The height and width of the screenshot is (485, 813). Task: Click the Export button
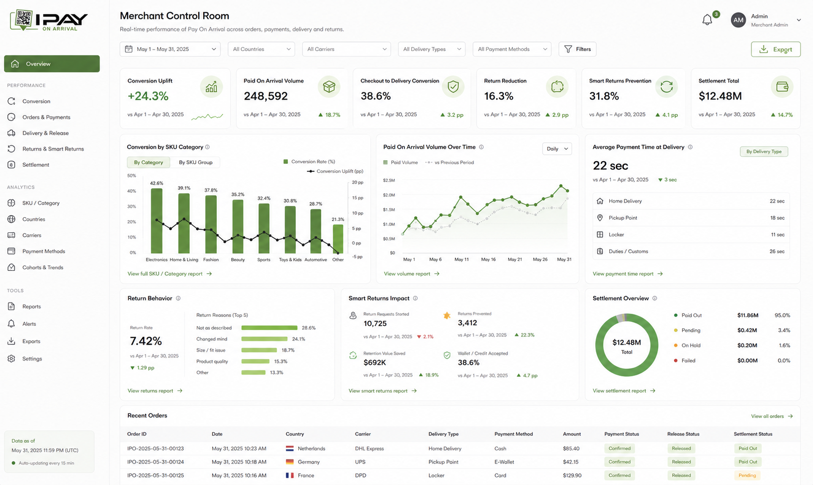775,50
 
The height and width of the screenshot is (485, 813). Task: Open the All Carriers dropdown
346,49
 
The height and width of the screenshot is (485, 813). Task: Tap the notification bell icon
707,20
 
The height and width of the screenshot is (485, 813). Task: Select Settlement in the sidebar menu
36,165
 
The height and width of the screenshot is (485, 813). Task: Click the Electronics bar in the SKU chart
156,221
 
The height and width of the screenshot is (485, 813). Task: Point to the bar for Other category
338,239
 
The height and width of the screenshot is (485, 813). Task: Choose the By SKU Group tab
196,162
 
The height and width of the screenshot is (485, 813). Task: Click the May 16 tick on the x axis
488,259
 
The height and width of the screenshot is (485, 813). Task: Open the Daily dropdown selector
557,149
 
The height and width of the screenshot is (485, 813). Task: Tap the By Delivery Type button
764,152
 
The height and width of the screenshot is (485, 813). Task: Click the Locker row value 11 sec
777,235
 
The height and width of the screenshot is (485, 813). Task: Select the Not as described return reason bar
269,328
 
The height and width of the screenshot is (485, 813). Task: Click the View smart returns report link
382,391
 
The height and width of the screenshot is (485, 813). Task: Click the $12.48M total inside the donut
626,342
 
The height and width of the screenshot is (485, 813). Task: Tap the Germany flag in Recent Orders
290,462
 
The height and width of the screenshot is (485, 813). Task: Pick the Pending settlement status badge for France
747,475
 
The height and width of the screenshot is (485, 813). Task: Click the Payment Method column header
514,434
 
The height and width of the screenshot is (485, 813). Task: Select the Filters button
577,49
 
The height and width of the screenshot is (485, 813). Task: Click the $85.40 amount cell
571,448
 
